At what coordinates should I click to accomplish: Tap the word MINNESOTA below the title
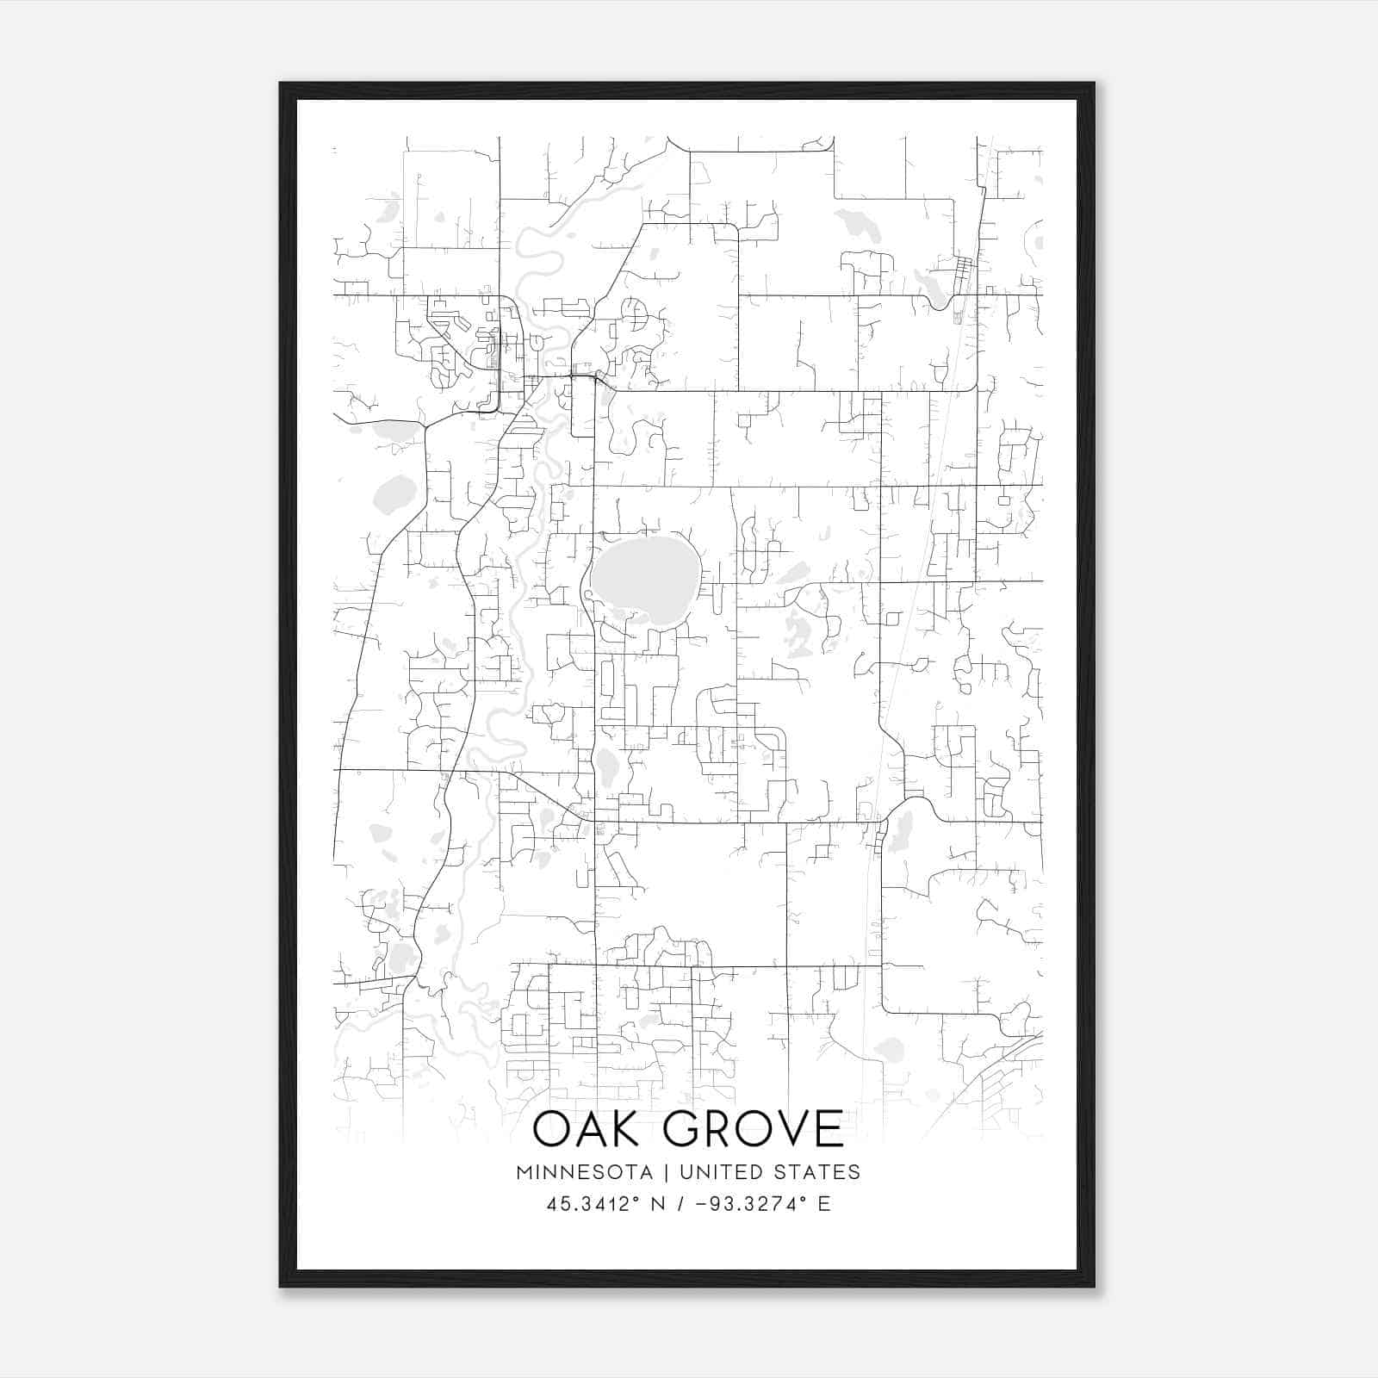pyautogui.click(x=584, y=1172)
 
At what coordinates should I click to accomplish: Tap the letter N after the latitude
pyautogui.click(x=657, y=1204)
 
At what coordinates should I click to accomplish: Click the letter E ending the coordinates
pyautogui.click(x=824, y=1204)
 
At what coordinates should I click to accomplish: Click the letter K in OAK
pyautogui.click(x=632, y=1129)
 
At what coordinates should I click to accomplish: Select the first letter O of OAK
pyautogui.click(x=552, y=1129)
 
